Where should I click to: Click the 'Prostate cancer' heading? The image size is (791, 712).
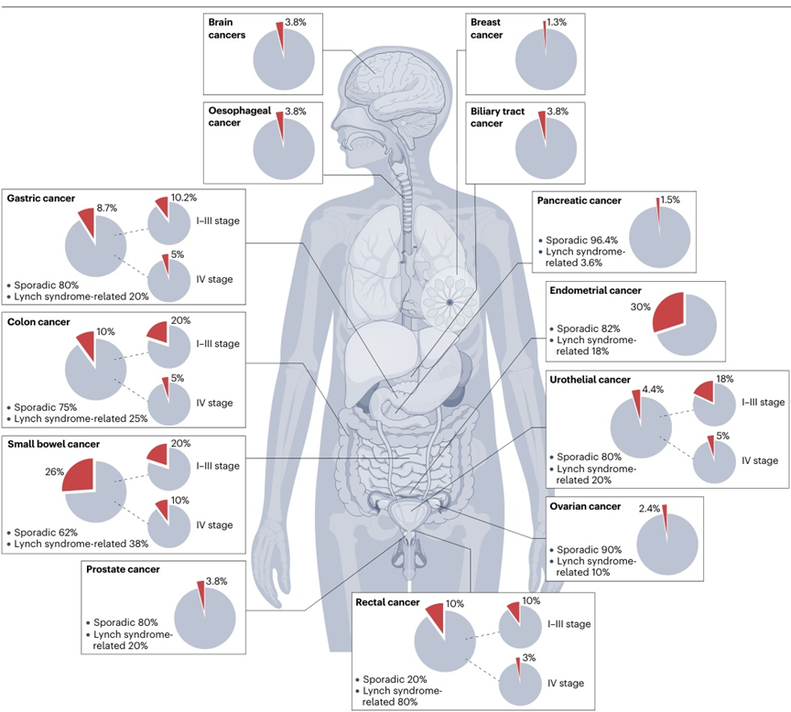123,569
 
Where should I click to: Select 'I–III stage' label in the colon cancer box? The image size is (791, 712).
216,343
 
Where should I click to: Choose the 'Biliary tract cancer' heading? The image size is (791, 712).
497,117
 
